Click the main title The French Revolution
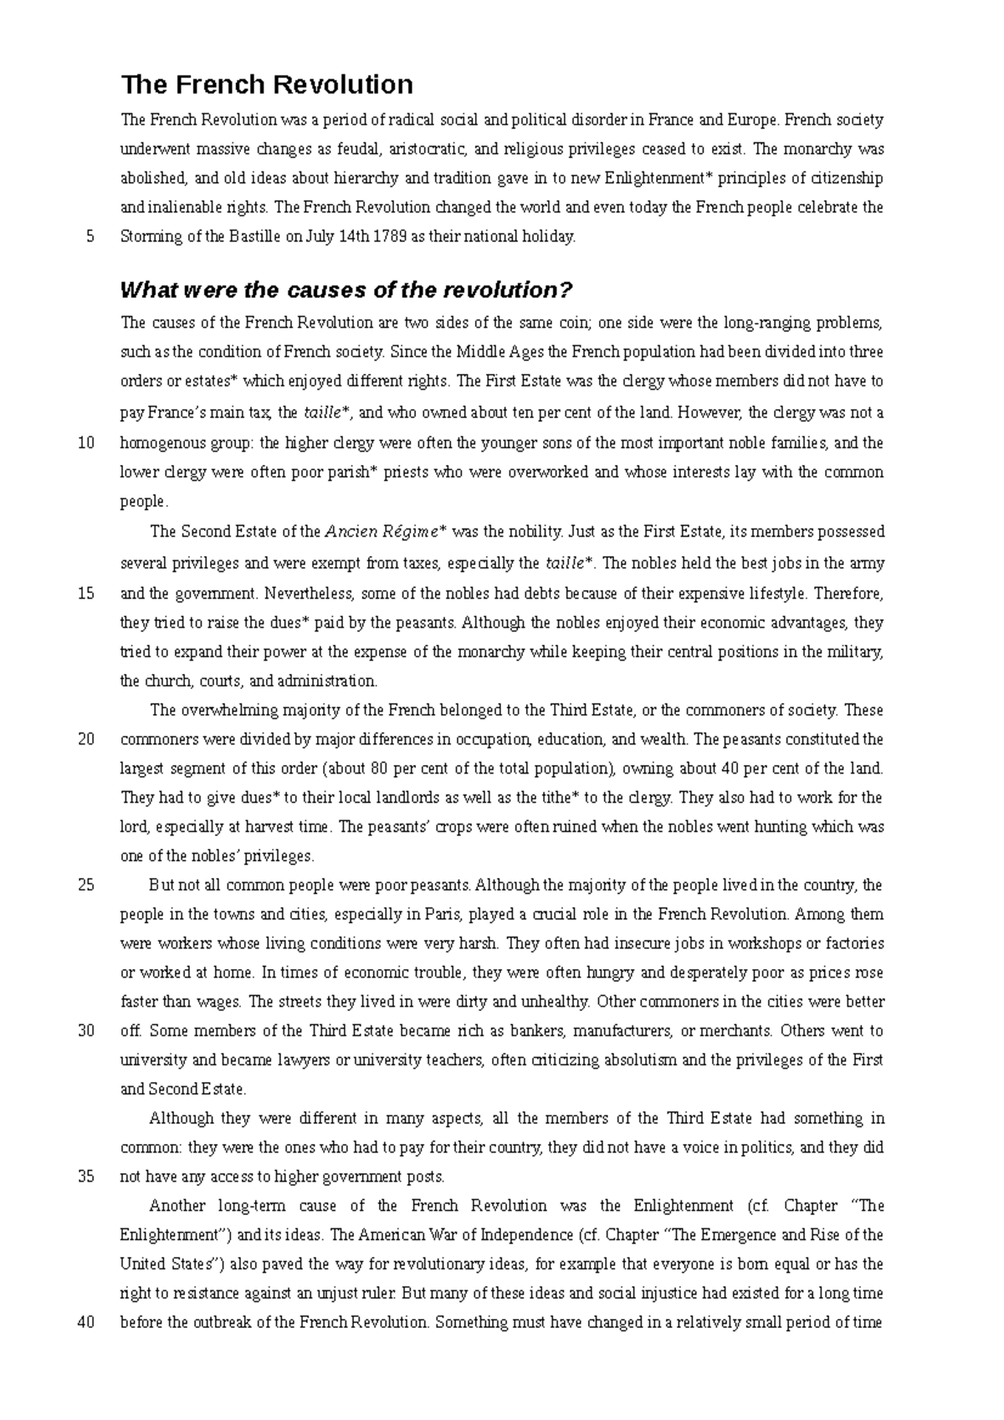click(x=267, y=84)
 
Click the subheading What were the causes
click(x=346, y=290)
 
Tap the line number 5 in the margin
click(x=89, y=237)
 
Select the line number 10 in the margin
click(x=85, y=443)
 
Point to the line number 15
click(x=85, y=595)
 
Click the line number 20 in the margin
click(x=85, y=740)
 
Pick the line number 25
click(x=85, y=886)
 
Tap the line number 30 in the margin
click(x=85, y=1031)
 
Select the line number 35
click(x=85, y=1177)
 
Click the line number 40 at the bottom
click(x=85, y=1323)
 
